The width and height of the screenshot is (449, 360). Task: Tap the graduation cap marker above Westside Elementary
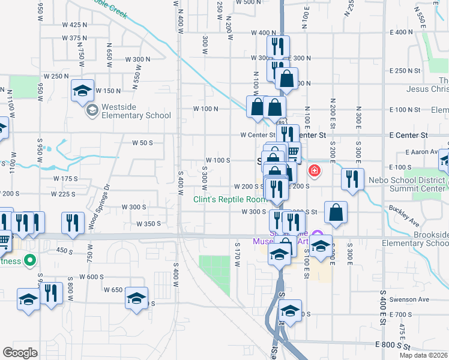click(x=82, y=91)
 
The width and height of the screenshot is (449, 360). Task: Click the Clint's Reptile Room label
click(x=229, y=199)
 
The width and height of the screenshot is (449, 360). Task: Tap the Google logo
click(x=20, y=353)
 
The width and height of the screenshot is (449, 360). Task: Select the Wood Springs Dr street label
click(x=93, y=206)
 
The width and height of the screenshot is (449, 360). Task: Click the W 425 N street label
click(x=74, y=25)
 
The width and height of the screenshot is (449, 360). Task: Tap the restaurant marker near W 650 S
click(x=51, y=295)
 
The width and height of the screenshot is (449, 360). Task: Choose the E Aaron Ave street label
click(x=424, y=152)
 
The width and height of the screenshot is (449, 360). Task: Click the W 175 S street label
click(x=65, y=179)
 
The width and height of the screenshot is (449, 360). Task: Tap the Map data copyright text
click(x=424, y=355)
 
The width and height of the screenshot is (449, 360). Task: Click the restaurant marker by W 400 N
click(x=278, y=47)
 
